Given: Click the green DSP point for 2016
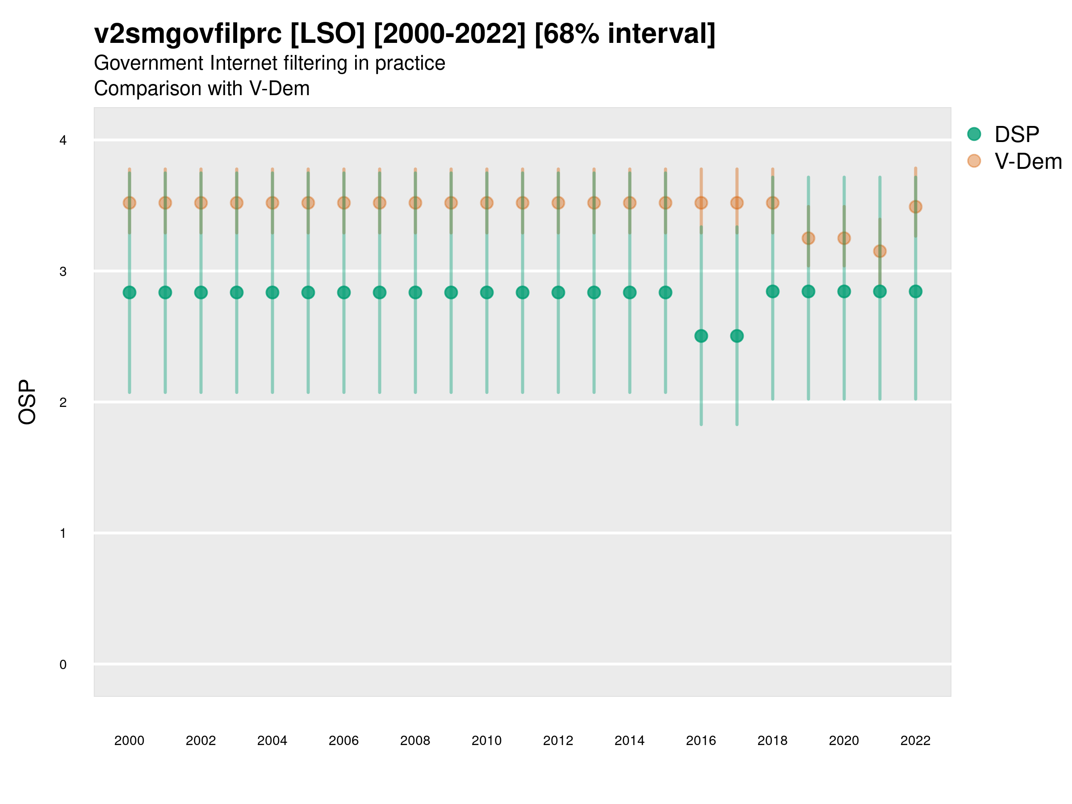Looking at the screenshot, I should click(701, 336).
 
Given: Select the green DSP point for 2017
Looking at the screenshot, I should click(737, 336).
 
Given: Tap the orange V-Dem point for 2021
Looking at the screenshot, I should click(879, 251).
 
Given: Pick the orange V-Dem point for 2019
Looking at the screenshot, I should click(808, 238).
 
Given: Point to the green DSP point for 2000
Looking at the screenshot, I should click(130, 292).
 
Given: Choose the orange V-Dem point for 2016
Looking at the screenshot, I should click(701, 203).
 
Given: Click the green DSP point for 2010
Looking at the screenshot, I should click(486, 292).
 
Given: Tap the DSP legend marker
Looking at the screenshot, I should click(974, 134).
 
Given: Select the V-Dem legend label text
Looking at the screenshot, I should click(1028, 161).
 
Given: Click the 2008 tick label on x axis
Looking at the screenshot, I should click(415, 741).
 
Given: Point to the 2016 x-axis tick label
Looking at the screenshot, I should click(701, 741).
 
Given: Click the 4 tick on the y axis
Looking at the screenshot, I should click(63, 141).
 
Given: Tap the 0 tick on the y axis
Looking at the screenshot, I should click(63, 665).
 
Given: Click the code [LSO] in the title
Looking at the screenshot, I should click(327, 34).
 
